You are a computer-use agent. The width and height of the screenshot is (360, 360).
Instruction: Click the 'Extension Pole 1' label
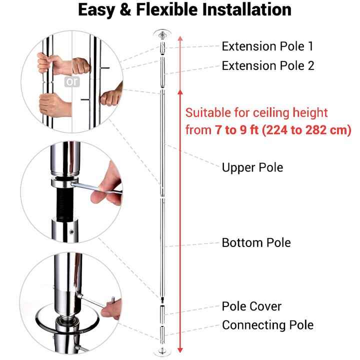[267, 46]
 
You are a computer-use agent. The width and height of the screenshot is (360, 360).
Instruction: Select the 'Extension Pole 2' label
[268, 66]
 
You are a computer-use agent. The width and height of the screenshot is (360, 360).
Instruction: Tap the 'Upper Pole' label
[252, 167]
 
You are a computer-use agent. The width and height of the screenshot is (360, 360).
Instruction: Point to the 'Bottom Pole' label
[256, 242]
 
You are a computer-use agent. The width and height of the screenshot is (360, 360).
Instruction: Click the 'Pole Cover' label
[251, 306]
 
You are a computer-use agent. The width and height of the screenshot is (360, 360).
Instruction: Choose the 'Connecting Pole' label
[267, 325]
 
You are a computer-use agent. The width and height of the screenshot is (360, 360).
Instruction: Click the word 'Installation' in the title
[247, 9]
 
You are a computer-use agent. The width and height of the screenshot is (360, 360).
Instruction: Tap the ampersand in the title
[125, 10]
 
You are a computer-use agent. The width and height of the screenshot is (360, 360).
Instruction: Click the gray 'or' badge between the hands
[72, 81]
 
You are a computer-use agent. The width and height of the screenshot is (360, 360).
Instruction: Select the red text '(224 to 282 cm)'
[306, 130]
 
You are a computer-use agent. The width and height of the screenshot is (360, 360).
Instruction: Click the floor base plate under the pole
[162, 351]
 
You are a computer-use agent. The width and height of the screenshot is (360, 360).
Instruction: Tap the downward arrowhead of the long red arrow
[180, 350]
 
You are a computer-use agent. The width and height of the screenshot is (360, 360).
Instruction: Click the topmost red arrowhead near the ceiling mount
[180, 38]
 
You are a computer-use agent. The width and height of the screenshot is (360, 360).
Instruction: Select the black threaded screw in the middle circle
[65, 203]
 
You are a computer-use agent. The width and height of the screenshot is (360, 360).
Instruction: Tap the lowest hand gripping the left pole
[54, 105]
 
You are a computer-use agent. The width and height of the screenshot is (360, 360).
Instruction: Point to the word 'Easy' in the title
[96, 10]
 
